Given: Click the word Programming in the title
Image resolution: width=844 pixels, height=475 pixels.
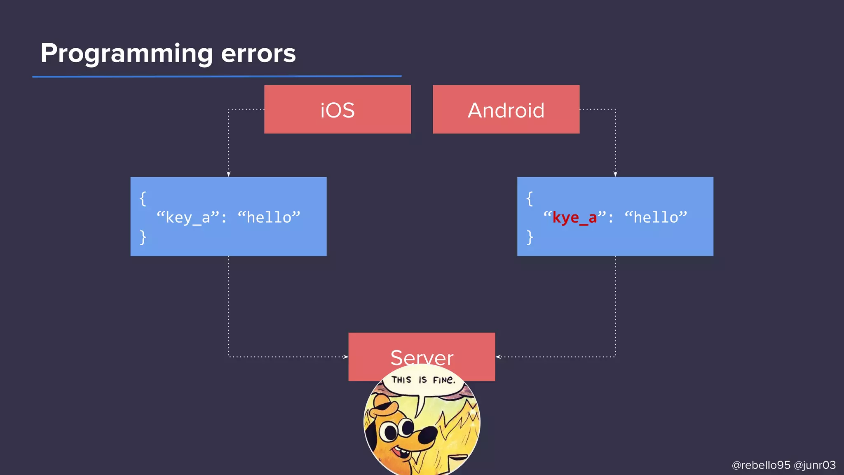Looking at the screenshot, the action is pos(127,54).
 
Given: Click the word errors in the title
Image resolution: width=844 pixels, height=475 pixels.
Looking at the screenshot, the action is pos(258,54).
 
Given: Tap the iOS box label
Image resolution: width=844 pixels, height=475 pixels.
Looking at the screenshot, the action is pos(338,110).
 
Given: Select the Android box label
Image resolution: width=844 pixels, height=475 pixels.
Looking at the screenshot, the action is pos(506,110).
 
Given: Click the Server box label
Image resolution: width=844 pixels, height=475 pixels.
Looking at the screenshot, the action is pos(422,357).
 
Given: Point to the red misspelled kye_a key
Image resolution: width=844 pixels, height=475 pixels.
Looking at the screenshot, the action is pos(574,217).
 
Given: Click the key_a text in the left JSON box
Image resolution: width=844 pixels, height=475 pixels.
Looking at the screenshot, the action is pos(188,217).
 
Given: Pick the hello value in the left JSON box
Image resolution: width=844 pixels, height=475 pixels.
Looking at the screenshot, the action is pos(269,217).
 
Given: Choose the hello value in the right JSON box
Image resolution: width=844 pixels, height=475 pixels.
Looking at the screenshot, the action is pos(656,217).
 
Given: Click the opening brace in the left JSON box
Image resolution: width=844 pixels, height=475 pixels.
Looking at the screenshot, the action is pos(143,198).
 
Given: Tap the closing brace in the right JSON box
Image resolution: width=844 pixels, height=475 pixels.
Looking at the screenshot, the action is pos(530,237).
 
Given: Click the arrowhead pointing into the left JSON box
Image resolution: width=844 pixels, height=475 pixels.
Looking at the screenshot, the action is pos(229,174).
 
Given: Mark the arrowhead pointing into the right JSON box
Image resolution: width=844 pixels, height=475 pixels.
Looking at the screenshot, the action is pos(615,174).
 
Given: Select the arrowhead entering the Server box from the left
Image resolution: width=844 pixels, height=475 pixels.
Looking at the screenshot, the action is pos(346,357).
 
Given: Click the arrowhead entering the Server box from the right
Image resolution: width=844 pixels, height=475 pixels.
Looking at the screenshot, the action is pos(498,357).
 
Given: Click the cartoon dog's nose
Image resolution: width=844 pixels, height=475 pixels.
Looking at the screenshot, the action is pos(429,433).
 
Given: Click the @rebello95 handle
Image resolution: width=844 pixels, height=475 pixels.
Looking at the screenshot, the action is pos(761,465).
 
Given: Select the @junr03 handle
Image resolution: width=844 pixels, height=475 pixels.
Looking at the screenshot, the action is pos(814,465).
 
